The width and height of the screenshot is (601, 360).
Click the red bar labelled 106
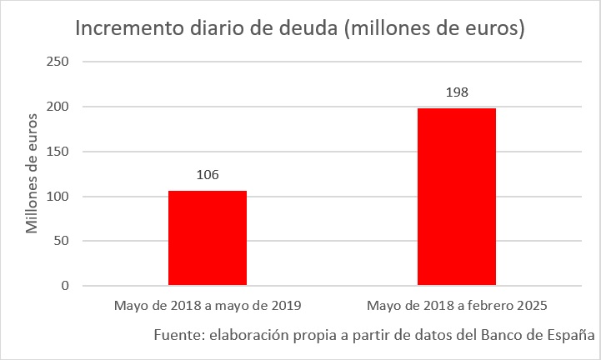click(x=208, y=238)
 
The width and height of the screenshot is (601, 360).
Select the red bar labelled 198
click(x=456, y=197)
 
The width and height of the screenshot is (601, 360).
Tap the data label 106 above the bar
click(x=208, y=175)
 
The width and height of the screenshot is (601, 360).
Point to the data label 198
click(x=457, y=92)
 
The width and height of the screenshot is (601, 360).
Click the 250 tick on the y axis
click(x=58, y=62)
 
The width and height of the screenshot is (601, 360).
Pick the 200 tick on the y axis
click(x=58, y=107)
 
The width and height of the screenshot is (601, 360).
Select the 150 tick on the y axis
click(x=58, y=152)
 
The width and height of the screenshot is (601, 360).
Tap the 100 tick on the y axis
click(x=58, y=197)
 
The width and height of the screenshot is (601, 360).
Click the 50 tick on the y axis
click(x=61, y=242)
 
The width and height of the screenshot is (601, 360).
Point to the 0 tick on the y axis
click(x=64, y=286)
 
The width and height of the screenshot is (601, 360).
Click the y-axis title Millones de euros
click(x=32, y=173)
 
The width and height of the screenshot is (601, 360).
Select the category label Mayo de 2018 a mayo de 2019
click(x=208, y=306)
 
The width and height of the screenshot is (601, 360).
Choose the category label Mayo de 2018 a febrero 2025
click(x=456, y=306)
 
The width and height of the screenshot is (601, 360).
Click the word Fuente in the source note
click(x=178, y=335)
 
